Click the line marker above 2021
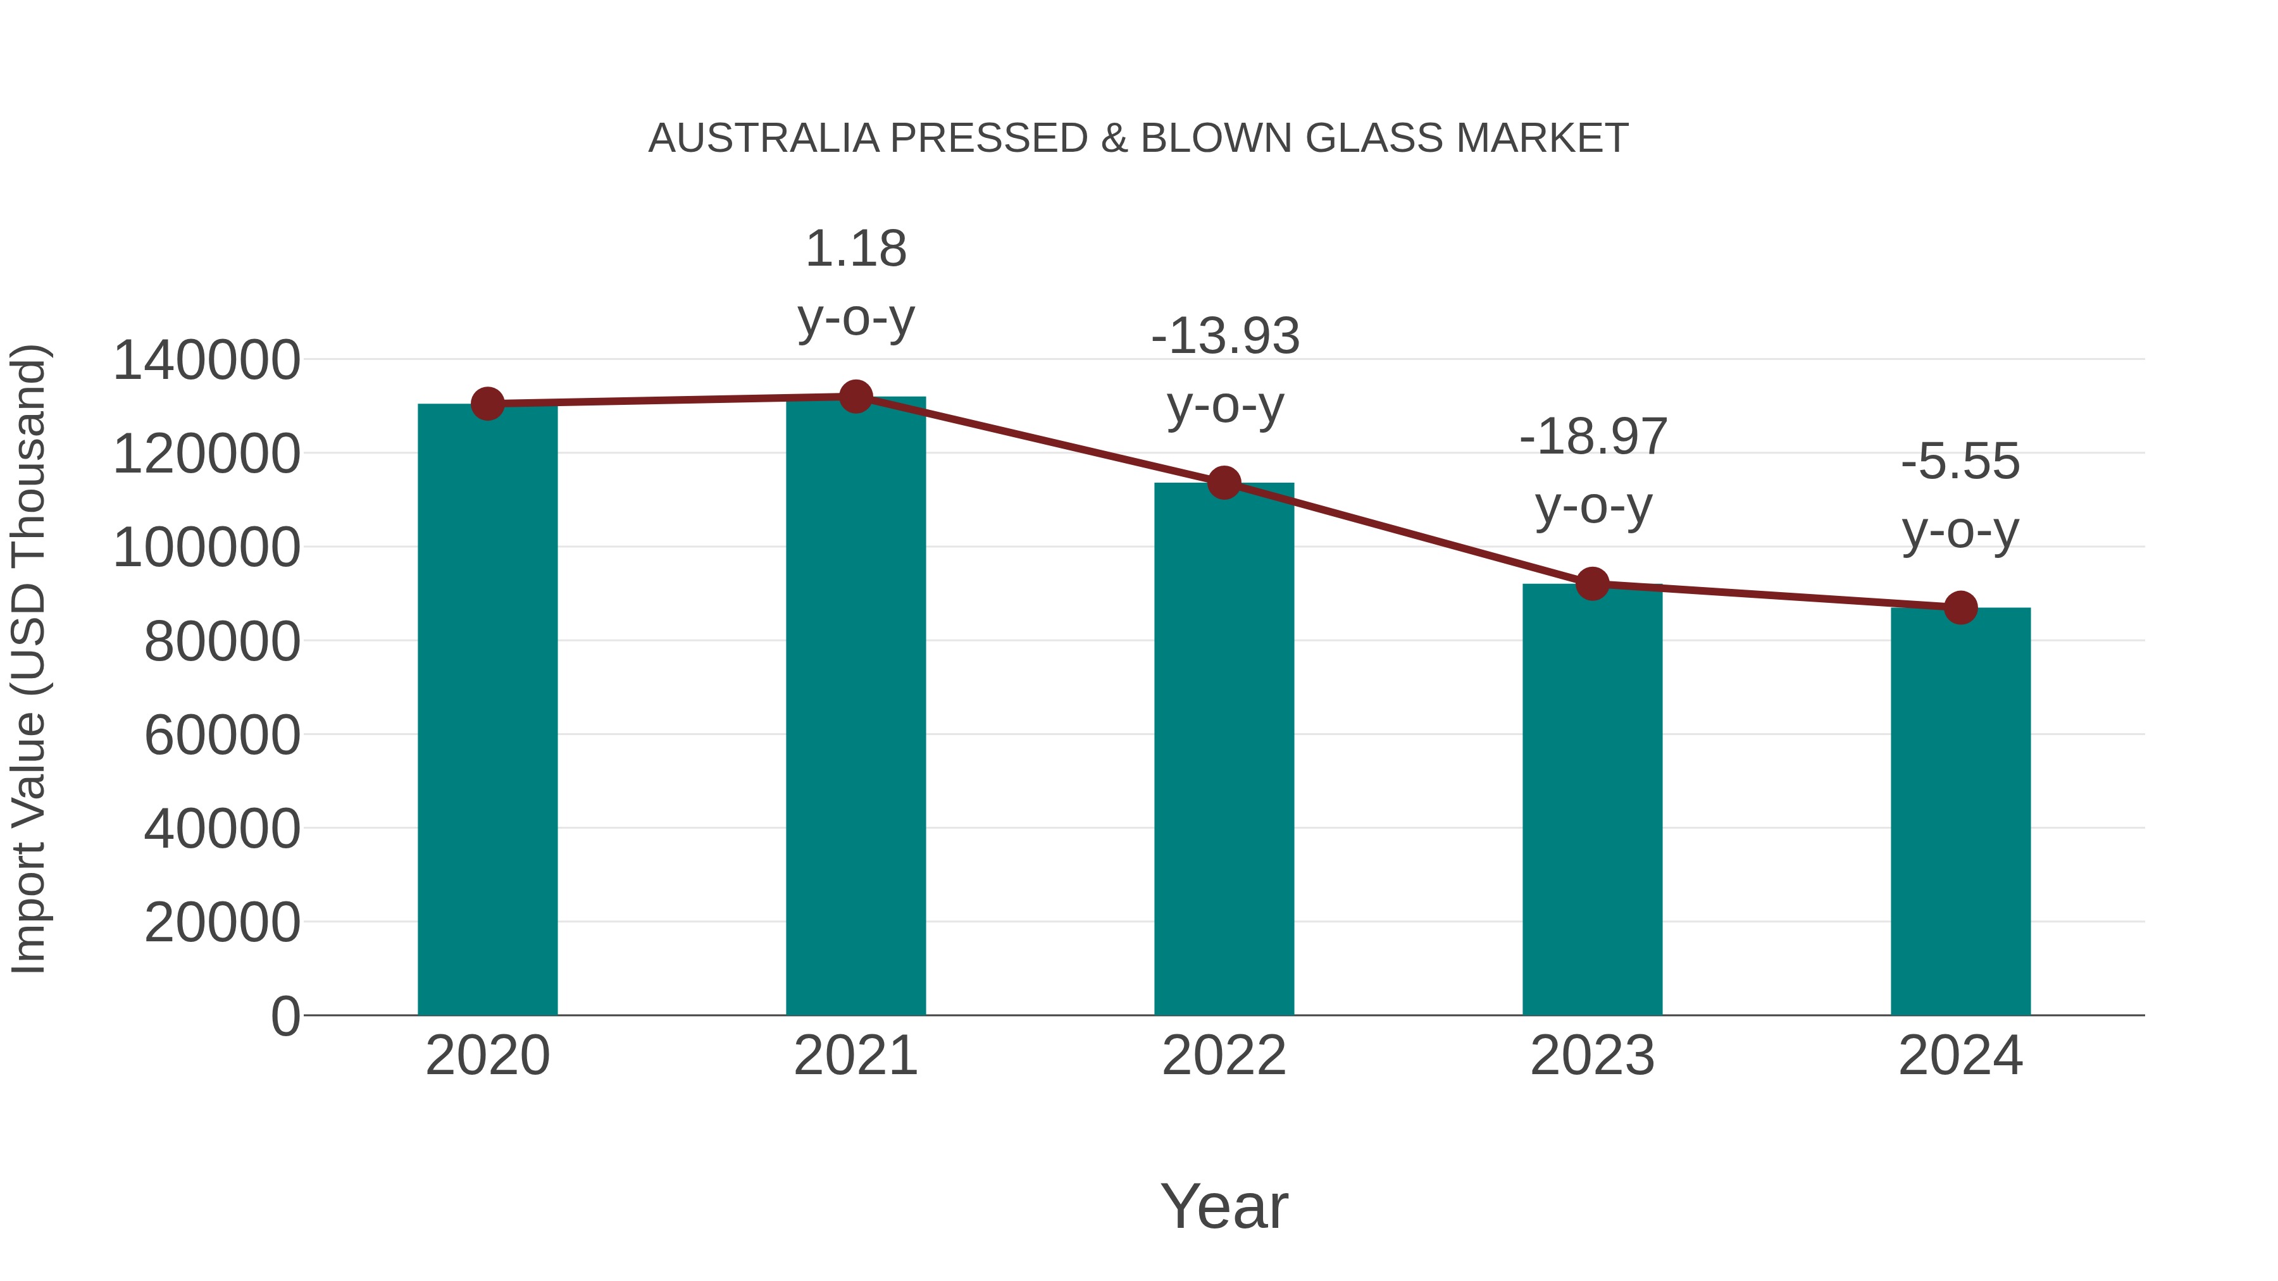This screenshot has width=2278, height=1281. [855, 397]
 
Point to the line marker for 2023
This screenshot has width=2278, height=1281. [1592, 583]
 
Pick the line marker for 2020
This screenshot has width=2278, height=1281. [487, 404]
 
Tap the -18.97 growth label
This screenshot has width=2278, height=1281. [1593, 471]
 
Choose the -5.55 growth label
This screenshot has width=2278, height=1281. [1960, 496]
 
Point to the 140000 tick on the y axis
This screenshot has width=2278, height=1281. [206, 361]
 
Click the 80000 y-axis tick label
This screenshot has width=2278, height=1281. [222, 642]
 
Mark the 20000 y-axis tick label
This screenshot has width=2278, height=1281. [222, 923]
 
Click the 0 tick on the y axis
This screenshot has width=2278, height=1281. [285, 1016]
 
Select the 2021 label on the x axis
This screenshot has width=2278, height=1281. [855, 1056]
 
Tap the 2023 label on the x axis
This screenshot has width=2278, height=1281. [1592, 1056]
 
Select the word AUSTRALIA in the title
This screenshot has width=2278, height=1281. [763, 139]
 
